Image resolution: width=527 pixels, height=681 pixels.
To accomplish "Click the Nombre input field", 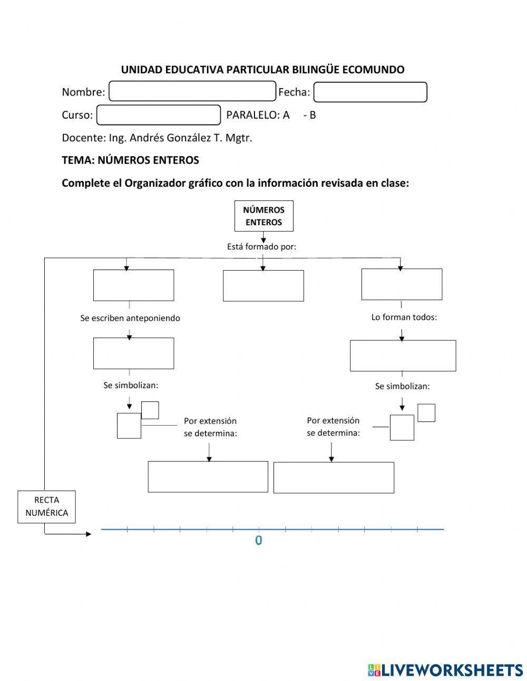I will (192, 91).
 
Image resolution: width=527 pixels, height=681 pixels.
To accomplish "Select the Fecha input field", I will (370, 92).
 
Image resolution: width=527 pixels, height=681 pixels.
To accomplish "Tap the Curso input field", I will (159, 115).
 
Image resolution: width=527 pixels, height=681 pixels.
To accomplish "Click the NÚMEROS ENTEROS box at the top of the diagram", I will (263, 216).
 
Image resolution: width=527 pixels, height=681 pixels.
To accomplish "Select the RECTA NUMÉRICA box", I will (46, 506).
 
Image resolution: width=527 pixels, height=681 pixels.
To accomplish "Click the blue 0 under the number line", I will (258, 541).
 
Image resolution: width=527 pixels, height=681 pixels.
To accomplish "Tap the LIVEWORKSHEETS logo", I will (445, 670).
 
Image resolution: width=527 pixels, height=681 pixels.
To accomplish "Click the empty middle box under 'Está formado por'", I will (263, 286).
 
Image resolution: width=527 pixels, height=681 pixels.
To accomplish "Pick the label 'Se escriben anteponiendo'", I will (130, 318).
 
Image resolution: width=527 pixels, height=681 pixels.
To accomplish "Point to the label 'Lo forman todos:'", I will (404, 318).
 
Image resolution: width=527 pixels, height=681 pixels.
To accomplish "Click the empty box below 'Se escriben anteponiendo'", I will (133, 353).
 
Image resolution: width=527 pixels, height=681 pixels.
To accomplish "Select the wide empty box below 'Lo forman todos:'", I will (403, 356).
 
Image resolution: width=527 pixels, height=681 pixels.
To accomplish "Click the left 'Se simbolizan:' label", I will (131, 386).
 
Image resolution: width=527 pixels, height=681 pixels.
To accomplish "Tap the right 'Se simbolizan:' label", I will (402, 386).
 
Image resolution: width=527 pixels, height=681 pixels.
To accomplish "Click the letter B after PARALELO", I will (313, 115).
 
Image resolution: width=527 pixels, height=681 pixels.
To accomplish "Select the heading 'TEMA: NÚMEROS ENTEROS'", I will (130, 160).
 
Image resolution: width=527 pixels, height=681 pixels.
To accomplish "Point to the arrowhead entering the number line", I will (89, 534).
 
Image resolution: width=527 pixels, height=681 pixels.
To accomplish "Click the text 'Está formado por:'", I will (261, 246).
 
